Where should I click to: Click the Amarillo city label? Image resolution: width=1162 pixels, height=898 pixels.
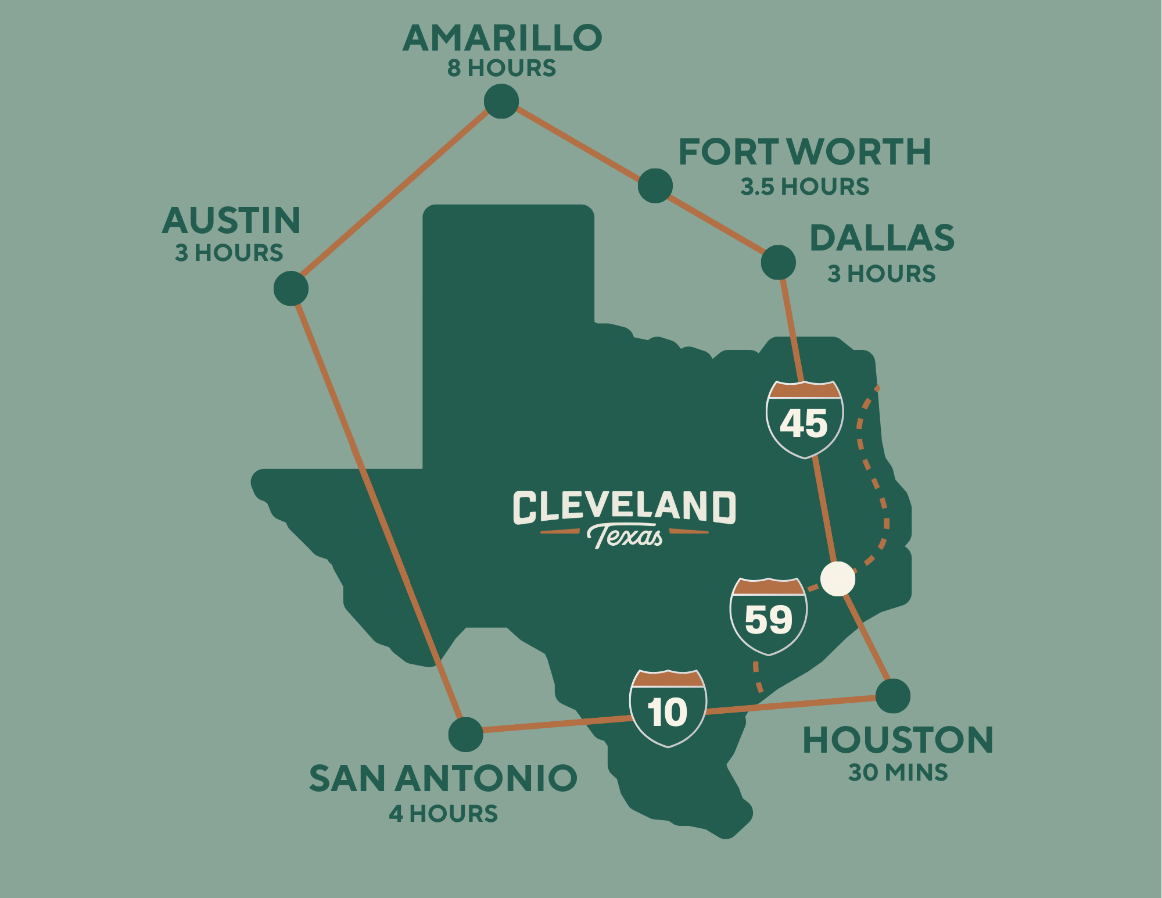click(x=502, y=38)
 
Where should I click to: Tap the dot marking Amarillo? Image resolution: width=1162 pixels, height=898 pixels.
click(x=501, y=101)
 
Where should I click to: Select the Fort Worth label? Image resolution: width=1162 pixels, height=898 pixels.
click(x=805, y=152)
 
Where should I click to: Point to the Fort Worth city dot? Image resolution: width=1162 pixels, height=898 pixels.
click(x=655, y=186)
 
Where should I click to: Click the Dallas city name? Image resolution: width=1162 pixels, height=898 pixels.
click(x=882, y=238)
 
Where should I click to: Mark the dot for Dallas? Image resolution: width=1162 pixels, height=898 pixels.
click(x=779, y=262)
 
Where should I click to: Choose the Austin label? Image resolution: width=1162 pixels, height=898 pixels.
click(x=231, y=221)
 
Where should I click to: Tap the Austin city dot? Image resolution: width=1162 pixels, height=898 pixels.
click(x=291, y=288)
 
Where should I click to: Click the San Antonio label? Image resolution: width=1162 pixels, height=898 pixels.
click(x=443, y=778)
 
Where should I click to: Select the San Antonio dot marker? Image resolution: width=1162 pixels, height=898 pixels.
click(x=466, y=734)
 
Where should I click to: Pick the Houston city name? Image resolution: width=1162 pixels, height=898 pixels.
click(x=898, y=740)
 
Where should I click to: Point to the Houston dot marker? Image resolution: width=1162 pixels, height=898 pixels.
click(x=892, y=696)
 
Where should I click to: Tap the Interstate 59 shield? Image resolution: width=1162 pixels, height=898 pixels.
click(x=768, y=616)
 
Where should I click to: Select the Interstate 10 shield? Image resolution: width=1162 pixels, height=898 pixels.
click(x=668, y=708)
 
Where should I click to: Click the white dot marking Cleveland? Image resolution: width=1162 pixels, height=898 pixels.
click(x=838, y=579)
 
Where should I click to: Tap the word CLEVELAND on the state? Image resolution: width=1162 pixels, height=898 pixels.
click(x=624, y=507)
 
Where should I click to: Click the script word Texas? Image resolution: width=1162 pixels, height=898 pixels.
click(x=625, y=536)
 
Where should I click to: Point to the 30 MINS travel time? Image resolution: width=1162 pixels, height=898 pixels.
click(x=898, y=772)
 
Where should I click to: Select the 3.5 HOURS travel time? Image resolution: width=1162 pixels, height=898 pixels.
click(x=805, y=187)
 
